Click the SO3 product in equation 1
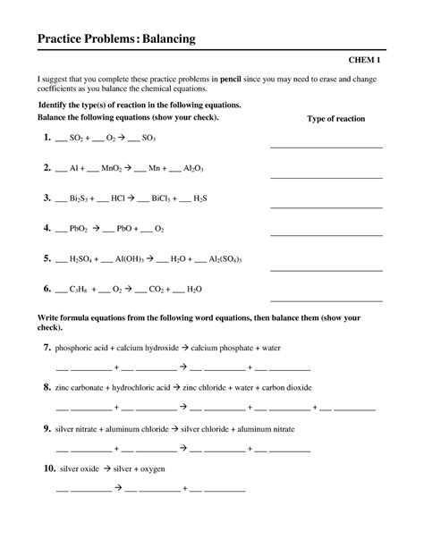click(151, 139)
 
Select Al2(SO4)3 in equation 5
click(225, 259)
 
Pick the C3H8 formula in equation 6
click(79, 290)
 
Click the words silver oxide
click(76, 468)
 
